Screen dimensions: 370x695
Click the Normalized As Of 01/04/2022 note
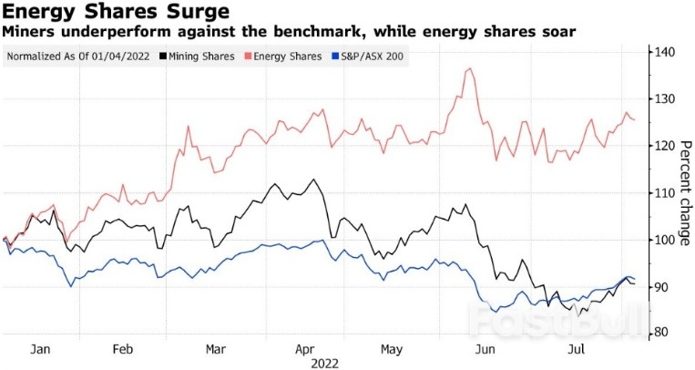79,57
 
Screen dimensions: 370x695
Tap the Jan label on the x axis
40,349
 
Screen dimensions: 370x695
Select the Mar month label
217,349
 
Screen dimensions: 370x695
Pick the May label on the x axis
392,349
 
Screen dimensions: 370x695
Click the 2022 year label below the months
325,363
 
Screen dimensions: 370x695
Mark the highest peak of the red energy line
469,68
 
